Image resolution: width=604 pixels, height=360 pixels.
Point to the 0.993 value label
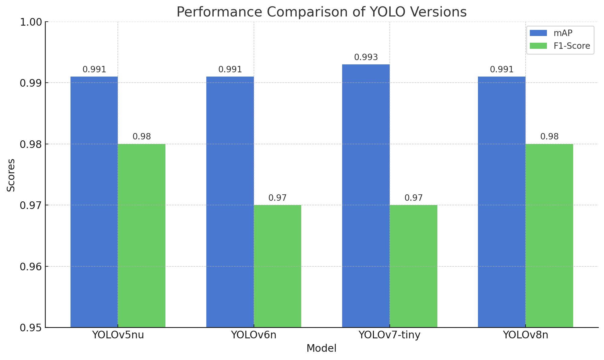[366, 57]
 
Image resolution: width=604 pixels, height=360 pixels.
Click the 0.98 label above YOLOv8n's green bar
[549, 137]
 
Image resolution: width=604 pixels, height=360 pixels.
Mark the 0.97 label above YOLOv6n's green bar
[277, 198]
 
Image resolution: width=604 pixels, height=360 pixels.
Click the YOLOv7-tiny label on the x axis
[389, 335]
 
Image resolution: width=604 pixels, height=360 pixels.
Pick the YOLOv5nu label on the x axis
[118, 335]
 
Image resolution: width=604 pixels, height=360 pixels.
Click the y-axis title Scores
[11, 175]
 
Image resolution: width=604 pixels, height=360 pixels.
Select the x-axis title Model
[321, 348]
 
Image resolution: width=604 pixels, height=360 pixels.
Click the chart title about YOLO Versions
[321, 12]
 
